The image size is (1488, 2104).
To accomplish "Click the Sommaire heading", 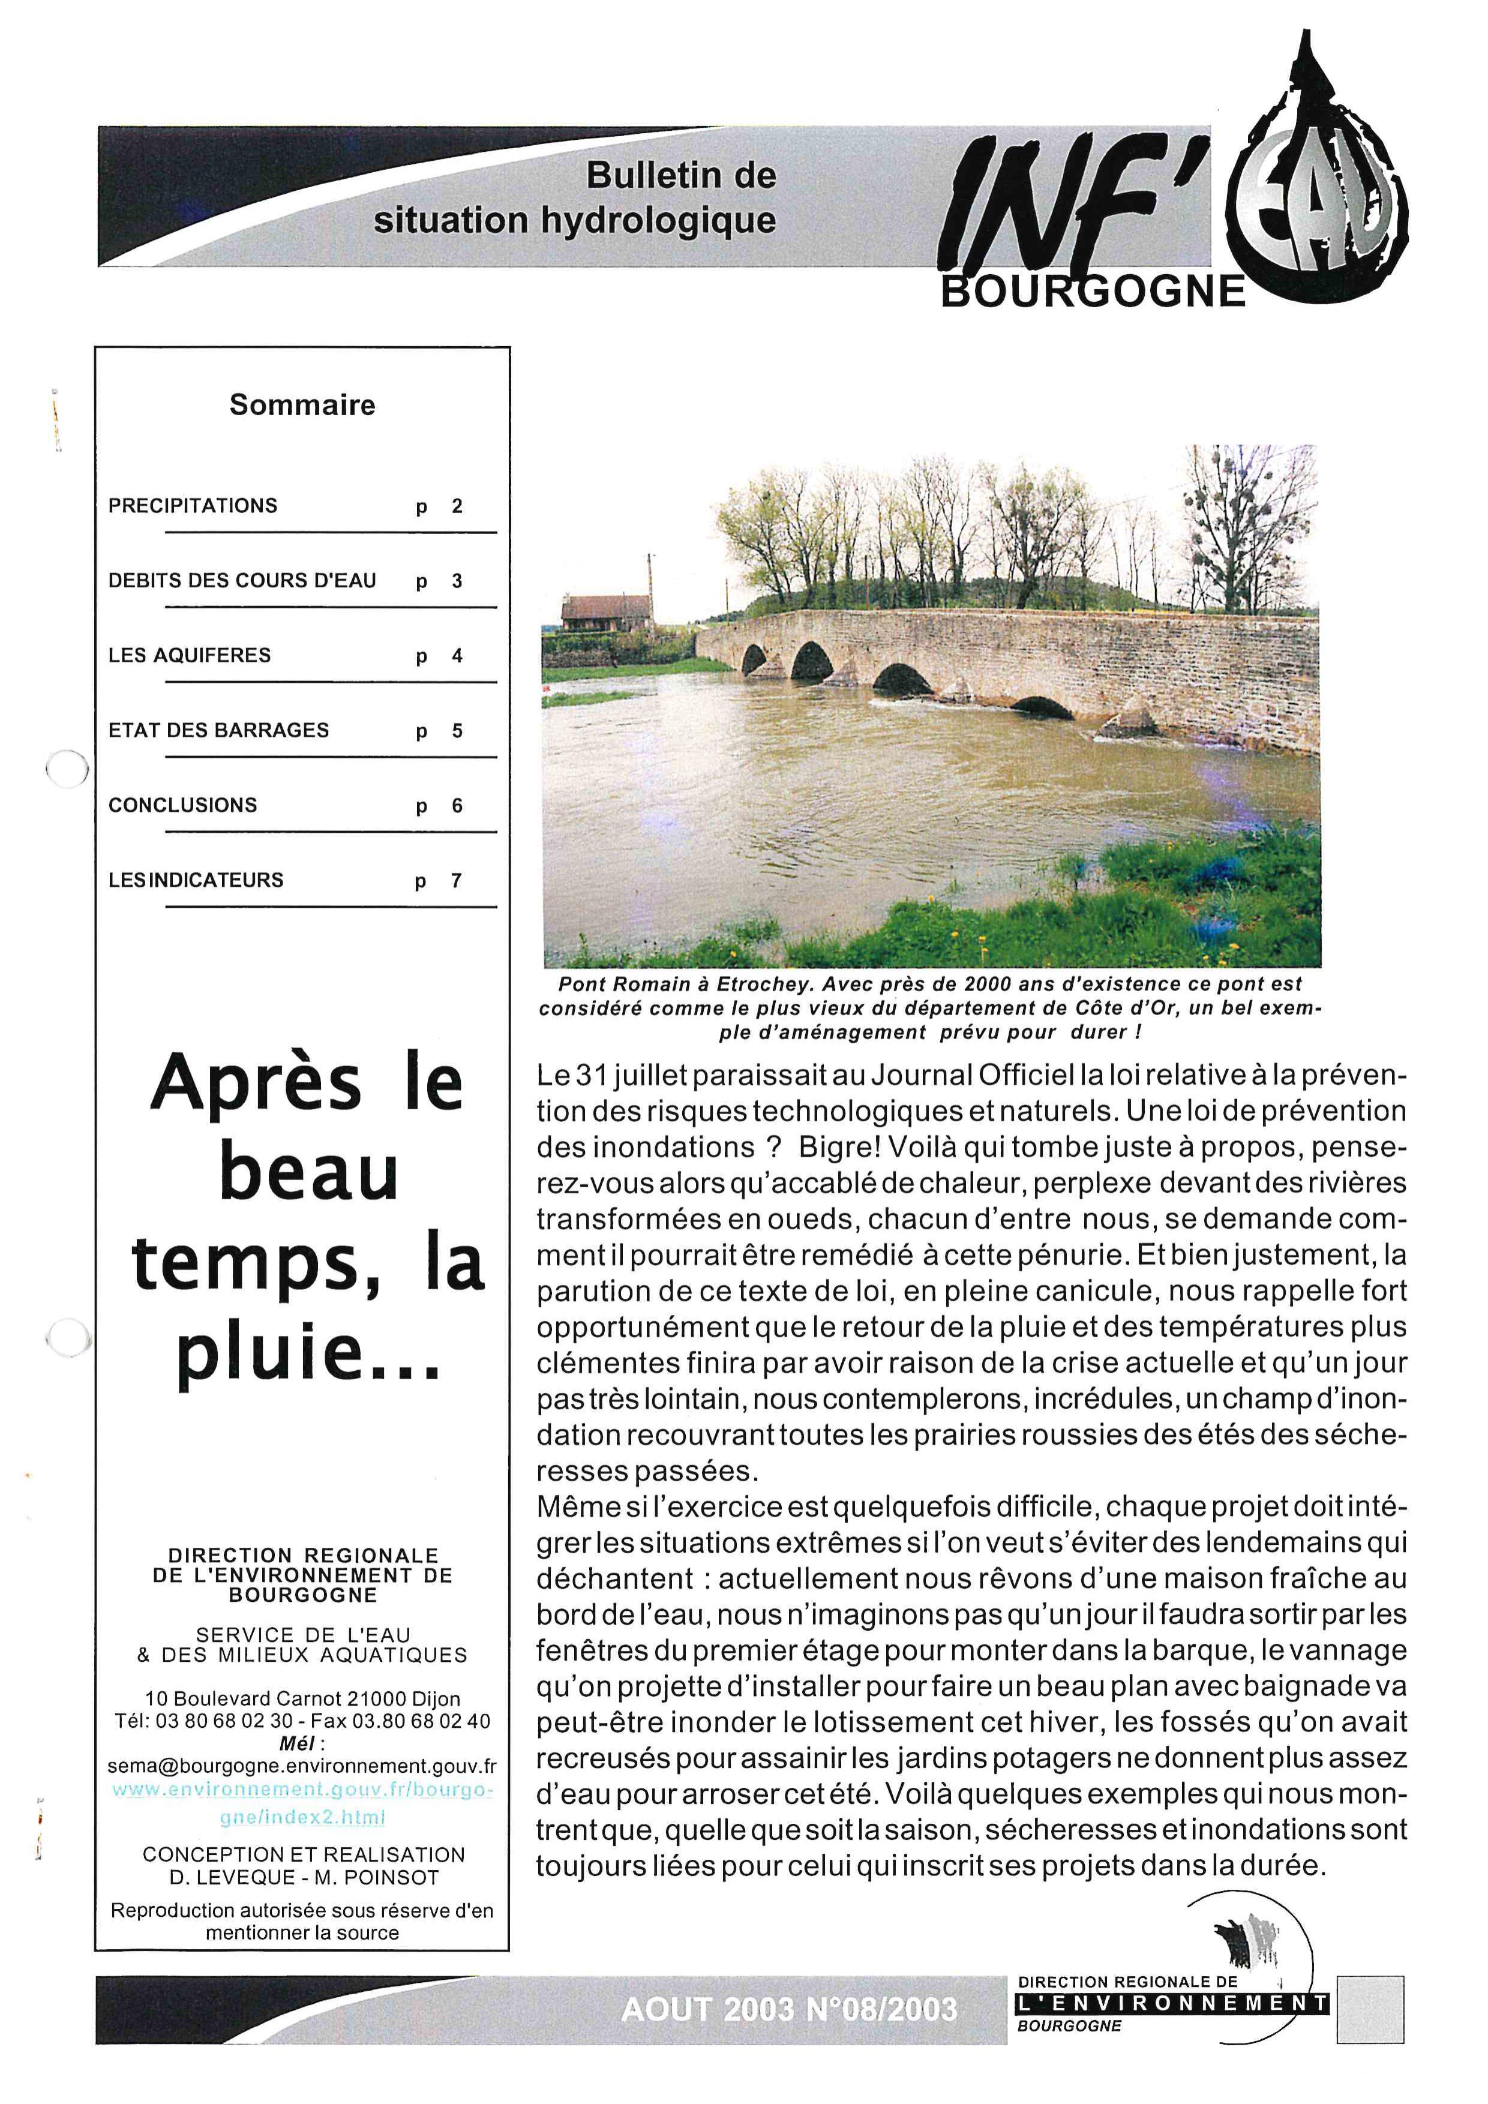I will [x=302, y=405].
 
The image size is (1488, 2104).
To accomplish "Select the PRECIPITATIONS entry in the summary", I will [x=193, y=506].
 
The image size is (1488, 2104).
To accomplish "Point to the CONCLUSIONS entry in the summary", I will [x=182, y=806].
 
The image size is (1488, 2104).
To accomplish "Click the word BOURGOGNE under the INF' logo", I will [x=1093, y=292].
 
